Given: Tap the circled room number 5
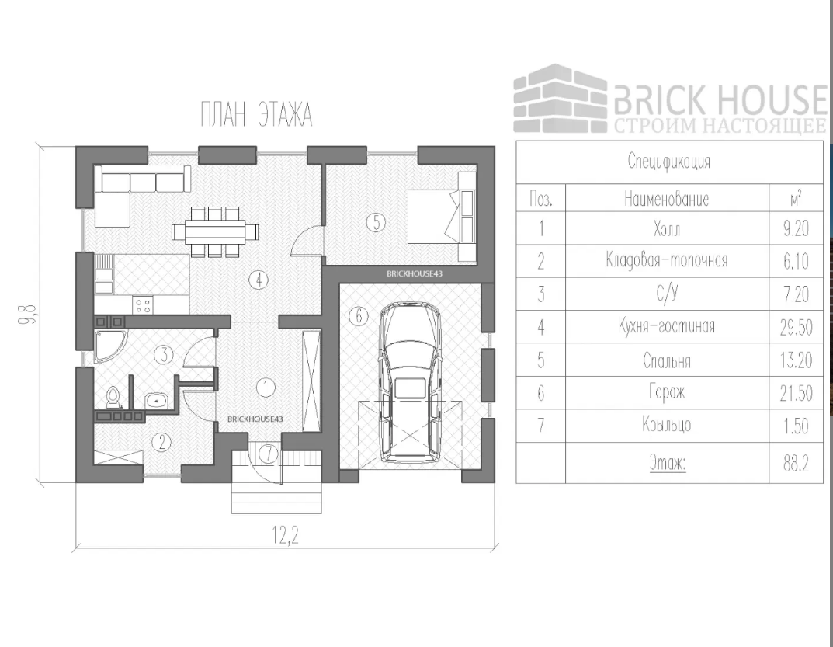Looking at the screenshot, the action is tap(375, 223).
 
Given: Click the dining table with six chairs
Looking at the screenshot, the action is tap(209, 231).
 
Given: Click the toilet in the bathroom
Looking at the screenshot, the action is tap(113, 397).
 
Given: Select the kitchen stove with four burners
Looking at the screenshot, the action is tap(143, 304).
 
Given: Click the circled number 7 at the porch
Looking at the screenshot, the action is tap(268, 452).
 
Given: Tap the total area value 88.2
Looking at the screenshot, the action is tap(796, 464).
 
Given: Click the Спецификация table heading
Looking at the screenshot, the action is tap(668, 163).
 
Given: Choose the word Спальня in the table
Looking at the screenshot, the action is tap(667, 361).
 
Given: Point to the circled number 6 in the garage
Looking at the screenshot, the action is tap(356, 316).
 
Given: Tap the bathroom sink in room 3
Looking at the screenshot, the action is tap(158, 401).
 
